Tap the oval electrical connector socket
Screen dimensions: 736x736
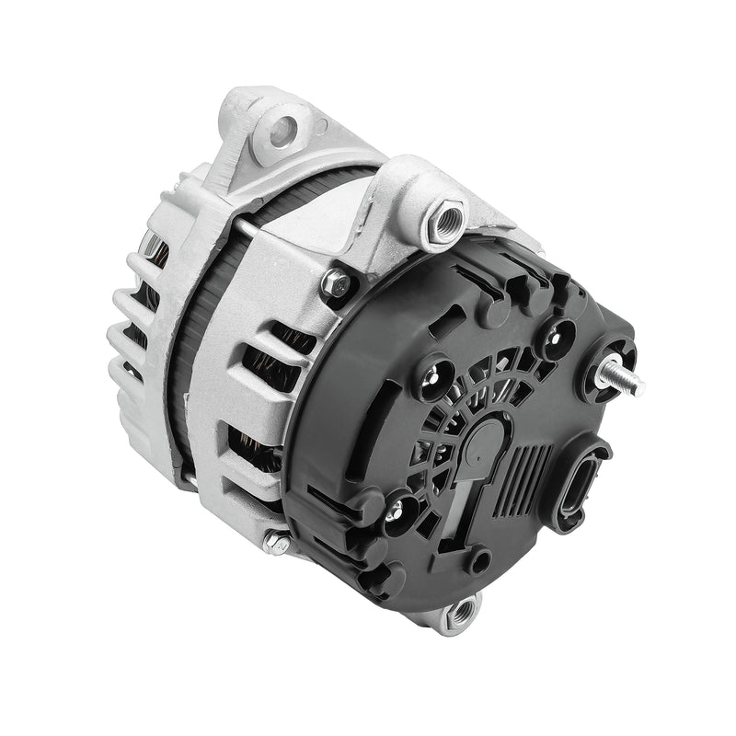[x=585, y=486]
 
